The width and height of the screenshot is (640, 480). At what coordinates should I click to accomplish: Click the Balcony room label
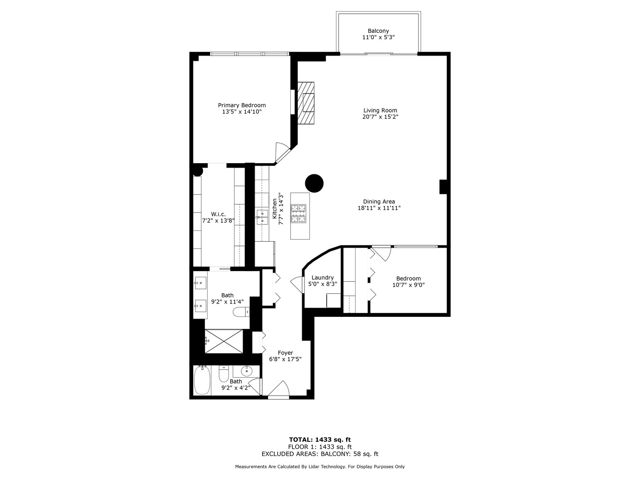pos(378,31)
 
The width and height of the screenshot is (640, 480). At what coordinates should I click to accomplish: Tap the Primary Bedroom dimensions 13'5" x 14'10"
pos(242,112)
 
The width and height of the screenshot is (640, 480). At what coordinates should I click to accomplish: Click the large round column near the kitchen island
pos(314,183)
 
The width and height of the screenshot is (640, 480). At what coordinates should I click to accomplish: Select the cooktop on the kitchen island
pos(298,214)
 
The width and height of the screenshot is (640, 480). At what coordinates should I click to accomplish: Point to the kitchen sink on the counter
pos(262,217)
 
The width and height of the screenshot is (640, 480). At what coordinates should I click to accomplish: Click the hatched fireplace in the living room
pos(306,103)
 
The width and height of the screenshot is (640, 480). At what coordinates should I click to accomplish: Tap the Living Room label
pos(380,111)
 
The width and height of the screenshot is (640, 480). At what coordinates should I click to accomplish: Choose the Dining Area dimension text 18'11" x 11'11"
pos(379,208)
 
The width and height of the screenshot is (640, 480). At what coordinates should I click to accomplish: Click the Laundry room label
pos(323,277)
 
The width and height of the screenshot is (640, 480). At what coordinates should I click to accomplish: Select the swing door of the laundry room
pos(297,284)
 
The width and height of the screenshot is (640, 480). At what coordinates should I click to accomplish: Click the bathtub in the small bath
pos(202,380)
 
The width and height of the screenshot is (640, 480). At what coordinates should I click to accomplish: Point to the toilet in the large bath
pos(241,312)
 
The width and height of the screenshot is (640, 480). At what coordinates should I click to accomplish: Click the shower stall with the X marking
pos(224,341)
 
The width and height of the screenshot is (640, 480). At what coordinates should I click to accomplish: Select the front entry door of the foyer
pos(279,389)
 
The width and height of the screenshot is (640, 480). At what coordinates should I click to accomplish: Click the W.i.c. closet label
pos(218,214)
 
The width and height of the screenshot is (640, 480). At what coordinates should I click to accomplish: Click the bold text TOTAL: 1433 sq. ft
pos(320,440)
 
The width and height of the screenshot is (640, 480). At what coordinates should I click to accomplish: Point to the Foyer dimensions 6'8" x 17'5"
pos(285,359)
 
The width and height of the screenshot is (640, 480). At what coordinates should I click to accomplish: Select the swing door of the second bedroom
pos(381,253)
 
